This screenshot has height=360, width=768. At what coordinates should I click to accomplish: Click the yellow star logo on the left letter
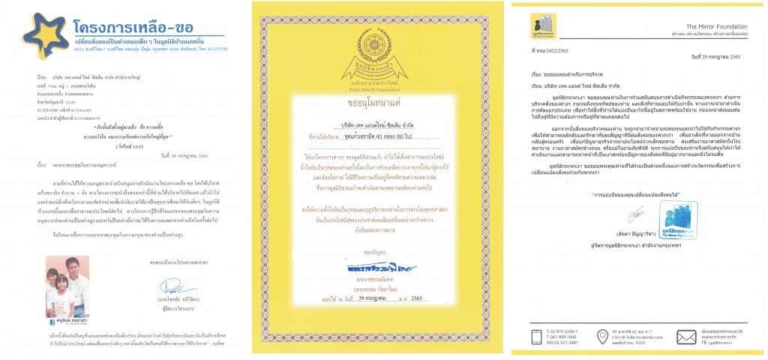(x=46, y=33)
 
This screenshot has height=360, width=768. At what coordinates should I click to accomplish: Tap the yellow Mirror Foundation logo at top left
(x=541, y=22)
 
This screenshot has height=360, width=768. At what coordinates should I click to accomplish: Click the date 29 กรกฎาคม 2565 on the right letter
(x=717, y=57)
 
